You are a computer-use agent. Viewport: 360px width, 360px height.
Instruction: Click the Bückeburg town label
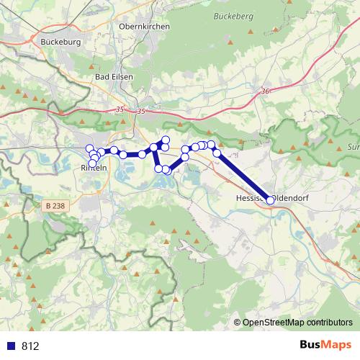[x=60, y=42]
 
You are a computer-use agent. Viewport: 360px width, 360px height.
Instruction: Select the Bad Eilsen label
[x=113, y=76]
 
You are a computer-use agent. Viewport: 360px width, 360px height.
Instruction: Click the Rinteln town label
[x=94, y=168]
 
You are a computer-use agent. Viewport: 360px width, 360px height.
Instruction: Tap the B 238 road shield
[x=53, y=206]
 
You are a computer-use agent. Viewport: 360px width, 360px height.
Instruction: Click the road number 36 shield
[x=266, y=91]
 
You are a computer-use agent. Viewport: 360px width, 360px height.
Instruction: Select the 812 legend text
[x=30, y=346]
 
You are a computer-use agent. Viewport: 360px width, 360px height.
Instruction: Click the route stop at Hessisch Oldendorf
[x=271, y=200]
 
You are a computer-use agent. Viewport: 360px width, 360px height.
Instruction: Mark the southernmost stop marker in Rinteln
[x=92, y=163]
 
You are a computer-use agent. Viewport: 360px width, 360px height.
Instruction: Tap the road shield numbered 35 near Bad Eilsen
[x=120, y=110]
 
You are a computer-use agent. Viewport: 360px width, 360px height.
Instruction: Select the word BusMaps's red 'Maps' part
[x=337, y=345]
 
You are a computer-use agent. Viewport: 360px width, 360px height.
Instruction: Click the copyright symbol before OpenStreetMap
[x=238, y=322]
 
